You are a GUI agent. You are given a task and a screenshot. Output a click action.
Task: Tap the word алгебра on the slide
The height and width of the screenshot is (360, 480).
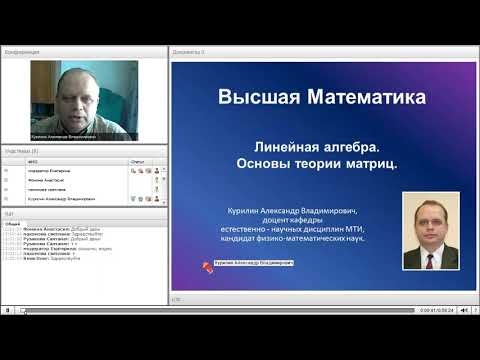tap(351, 144)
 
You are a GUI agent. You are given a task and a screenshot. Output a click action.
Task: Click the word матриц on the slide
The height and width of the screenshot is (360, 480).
tap(369, 163)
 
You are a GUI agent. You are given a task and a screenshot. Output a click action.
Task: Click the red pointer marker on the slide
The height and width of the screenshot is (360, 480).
tap(208, 266)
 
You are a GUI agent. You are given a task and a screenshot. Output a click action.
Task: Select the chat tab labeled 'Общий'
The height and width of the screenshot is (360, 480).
tap(12, 223)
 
